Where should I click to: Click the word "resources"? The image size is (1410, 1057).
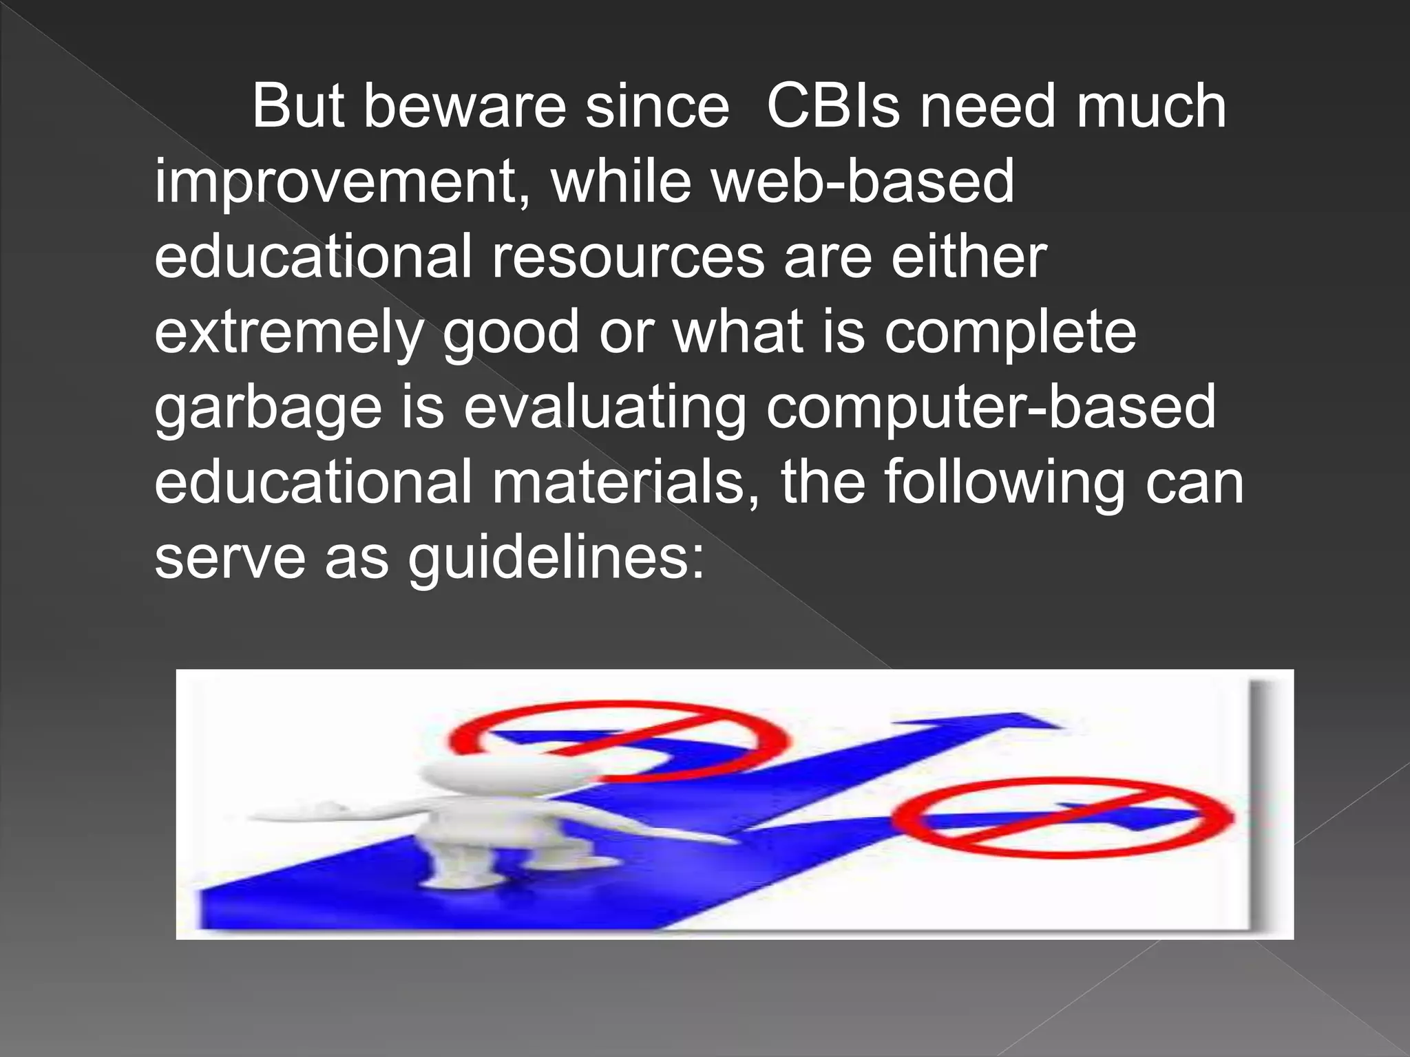click(x=627, y=257)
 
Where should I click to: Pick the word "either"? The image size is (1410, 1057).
click(x=969, y=257)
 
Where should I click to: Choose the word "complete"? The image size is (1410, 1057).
click(x=1010, y=332)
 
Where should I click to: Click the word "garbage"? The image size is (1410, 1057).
click(x=268, y=408)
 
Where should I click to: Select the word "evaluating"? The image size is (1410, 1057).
click(x=604, y=408)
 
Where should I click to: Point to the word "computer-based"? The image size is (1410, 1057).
click(x=991, y=408)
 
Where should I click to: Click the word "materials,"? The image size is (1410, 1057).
click(x=626, y=482)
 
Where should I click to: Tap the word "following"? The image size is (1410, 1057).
click(x=1004, y=482)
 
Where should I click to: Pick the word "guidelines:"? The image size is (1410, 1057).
click(x=556, y=558)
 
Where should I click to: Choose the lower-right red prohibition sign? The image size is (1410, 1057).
click(x=1063, y=818)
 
